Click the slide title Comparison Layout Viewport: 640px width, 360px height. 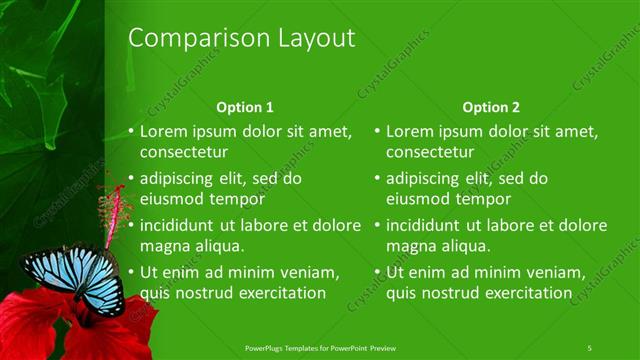pos(242,39)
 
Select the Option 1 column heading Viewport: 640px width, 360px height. pos(245,107)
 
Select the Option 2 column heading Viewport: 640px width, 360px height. pos(491,107)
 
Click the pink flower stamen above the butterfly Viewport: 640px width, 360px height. pos(115,205)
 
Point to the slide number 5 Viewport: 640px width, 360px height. pos(590,347)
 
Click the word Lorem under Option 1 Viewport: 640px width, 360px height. pos(164,131)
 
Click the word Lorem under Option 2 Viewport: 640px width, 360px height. pos(410,131)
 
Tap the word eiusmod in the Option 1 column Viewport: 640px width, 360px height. pos(173,199)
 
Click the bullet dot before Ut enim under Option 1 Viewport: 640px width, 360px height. pos(131,271)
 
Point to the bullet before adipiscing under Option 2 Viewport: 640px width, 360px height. pos(377,179)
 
